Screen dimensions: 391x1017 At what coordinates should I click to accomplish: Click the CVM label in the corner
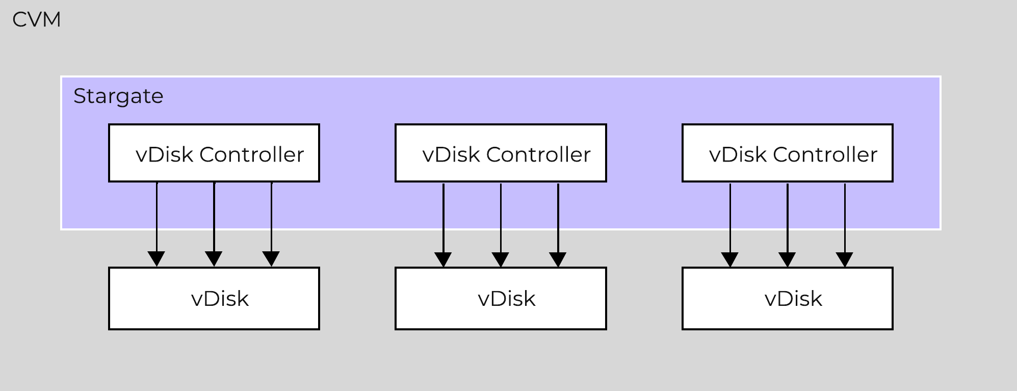[36, 20]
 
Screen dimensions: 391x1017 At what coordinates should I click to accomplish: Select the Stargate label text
[118, 96]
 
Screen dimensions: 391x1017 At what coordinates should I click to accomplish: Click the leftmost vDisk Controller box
[214, 153]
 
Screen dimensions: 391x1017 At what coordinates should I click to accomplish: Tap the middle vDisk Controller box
[501, 153]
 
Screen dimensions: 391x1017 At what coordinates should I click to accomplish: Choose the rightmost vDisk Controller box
[787, 153]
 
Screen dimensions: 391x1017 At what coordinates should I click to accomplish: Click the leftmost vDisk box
[214, 298]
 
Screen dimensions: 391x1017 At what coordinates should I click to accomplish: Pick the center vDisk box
[501, 298]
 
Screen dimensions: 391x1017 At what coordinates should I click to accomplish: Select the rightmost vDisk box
[787, 298]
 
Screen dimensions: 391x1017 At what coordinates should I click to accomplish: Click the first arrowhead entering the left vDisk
[157, 258]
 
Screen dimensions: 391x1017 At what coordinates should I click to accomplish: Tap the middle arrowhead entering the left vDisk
[214, 258]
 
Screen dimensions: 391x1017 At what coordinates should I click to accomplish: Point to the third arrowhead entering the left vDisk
[271, 258]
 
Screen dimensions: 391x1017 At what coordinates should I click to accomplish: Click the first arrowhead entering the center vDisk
[444, 259]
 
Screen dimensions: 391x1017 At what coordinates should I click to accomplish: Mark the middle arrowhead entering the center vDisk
[501, 259]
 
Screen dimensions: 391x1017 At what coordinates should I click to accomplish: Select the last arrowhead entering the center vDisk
[558, 259]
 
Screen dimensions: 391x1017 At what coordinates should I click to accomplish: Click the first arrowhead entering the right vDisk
[730, 259]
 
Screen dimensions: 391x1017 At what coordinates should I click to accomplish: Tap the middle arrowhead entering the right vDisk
[788, 259]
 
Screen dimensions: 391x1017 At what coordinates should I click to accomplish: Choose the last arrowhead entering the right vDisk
[845, 259]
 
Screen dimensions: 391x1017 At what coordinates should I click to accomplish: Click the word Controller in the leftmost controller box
[251, 154]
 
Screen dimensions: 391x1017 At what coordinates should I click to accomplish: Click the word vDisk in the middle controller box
[451, 154]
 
